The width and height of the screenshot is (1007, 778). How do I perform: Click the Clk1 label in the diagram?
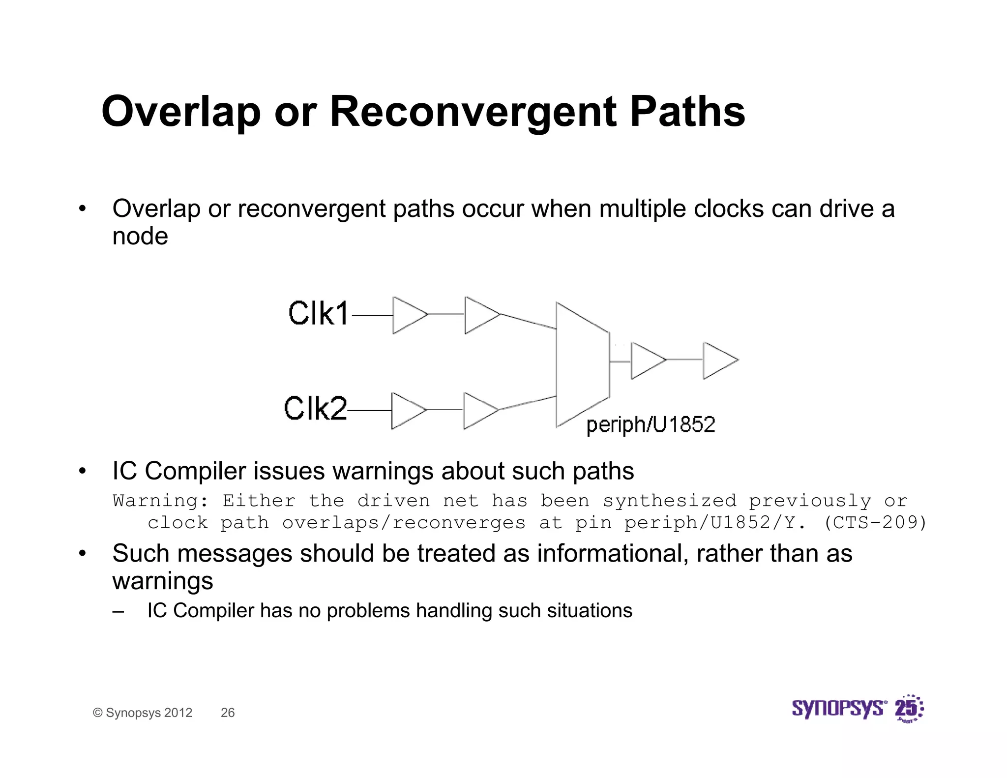[318, 313]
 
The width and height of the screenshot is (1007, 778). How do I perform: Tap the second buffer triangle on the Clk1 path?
[479, 315]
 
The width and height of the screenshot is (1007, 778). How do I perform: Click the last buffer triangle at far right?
[717, 361]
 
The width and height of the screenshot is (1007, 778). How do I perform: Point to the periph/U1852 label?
[651, 424]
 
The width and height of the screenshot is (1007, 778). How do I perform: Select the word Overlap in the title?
[180, 112]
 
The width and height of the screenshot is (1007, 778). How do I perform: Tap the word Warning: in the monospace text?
[161, 501]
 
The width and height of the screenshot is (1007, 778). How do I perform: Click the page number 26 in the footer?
[228, 713]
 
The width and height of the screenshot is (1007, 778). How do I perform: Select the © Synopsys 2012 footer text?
[143, 713]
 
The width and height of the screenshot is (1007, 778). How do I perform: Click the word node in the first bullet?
[140, 236]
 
